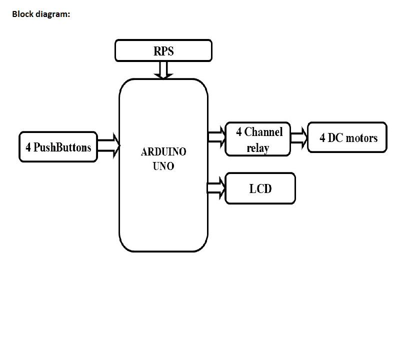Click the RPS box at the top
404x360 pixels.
click(163, 50)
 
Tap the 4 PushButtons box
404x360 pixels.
click(58, 147)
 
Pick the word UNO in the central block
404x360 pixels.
click(163, 166)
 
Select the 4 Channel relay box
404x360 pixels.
click(257, 139)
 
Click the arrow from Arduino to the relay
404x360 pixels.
click(216, 137)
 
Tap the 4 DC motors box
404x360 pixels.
click(347, 137)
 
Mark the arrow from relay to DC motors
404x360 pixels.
click(299, 137)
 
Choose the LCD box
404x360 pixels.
click(260, 188)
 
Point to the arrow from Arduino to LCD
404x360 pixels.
click(216, 188)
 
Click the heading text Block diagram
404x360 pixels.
click(41, 14)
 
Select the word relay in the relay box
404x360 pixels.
click(258, 148)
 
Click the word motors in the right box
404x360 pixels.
click(362, 137)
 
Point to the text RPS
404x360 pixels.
click(163, 51)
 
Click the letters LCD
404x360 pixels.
click(260, 188)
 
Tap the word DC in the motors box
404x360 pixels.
click(336, 137)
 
